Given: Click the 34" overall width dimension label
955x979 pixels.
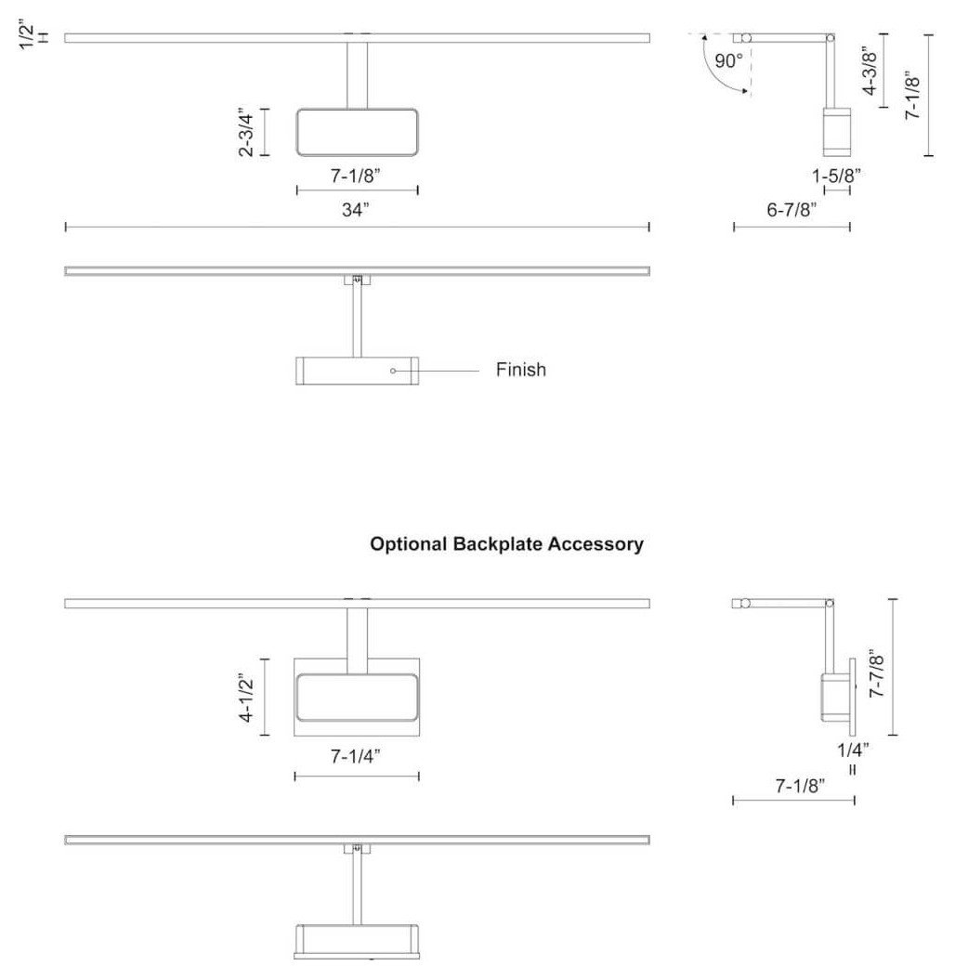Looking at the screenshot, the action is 356,210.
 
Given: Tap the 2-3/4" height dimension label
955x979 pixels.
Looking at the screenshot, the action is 246,133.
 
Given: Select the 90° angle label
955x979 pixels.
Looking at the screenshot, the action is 728,61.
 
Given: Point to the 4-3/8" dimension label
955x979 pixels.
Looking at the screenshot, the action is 870,72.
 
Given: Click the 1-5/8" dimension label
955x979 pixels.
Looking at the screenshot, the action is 836,176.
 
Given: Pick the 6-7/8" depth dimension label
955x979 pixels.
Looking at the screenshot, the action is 791,210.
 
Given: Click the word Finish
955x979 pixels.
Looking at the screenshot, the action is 521,370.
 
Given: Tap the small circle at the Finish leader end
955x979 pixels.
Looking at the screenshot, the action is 393,371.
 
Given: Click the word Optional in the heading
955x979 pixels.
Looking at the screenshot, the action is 409,544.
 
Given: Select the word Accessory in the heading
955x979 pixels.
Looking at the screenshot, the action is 595,544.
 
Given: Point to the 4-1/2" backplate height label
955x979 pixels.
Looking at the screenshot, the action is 246,698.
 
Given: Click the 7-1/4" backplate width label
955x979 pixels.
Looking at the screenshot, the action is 356,756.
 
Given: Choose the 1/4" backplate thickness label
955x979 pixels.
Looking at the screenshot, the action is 853,750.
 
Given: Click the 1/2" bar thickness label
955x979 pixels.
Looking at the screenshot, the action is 27,35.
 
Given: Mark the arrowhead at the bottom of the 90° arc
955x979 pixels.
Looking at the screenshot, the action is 745,92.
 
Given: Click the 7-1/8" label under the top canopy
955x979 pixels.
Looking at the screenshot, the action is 356,176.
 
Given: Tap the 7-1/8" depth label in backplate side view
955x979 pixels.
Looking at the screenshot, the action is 800,786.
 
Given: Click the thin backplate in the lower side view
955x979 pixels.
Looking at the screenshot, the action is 853,697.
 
